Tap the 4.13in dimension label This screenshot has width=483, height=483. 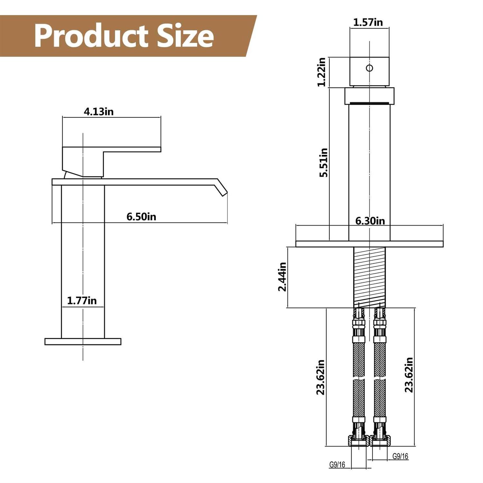(99, 112)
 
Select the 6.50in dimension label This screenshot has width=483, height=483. (141, 217)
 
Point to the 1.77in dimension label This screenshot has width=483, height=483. (82, 301)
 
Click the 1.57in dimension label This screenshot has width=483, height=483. (368, 23)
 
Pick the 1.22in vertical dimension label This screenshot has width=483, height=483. (321, 72)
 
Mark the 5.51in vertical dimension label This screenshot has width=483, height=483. (323, 163)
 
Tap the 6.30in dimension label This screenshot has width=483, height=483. (370, 221)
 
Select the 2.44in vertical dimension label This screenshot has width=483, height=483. (282, 277)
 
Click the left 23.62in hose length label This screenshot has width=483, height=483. (320, 377)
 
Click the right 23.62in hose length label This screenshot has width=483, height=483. (409, 375)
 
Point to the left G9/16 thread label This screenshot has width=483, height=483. (337, 465)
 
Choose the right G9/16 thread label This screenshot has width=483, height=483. (400, 456)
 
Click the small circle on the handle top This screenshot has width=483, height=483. (369, 68)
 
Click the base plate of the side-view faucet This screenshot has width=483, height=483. (83, 342)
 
